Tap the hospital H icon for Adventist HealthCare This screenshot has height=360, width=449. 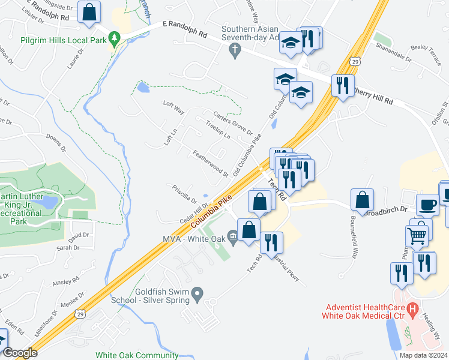coord(412,309)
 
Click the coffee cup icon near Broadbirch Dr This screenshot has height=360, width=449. coord(427,204)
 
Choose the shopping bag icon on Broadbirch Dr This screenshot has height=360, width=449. coord(363,200)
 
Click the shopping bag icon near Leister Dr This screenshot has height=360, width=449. coord(88,12)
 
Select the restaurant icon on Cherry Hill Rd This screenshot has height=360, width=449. coord(343,85)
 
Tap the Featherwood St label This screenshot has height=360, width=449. coord(208,163)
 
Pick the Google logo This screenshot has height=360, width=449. coord(19,353)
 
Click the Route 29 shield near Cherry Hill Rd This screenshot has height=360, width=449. coord(356,61)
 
